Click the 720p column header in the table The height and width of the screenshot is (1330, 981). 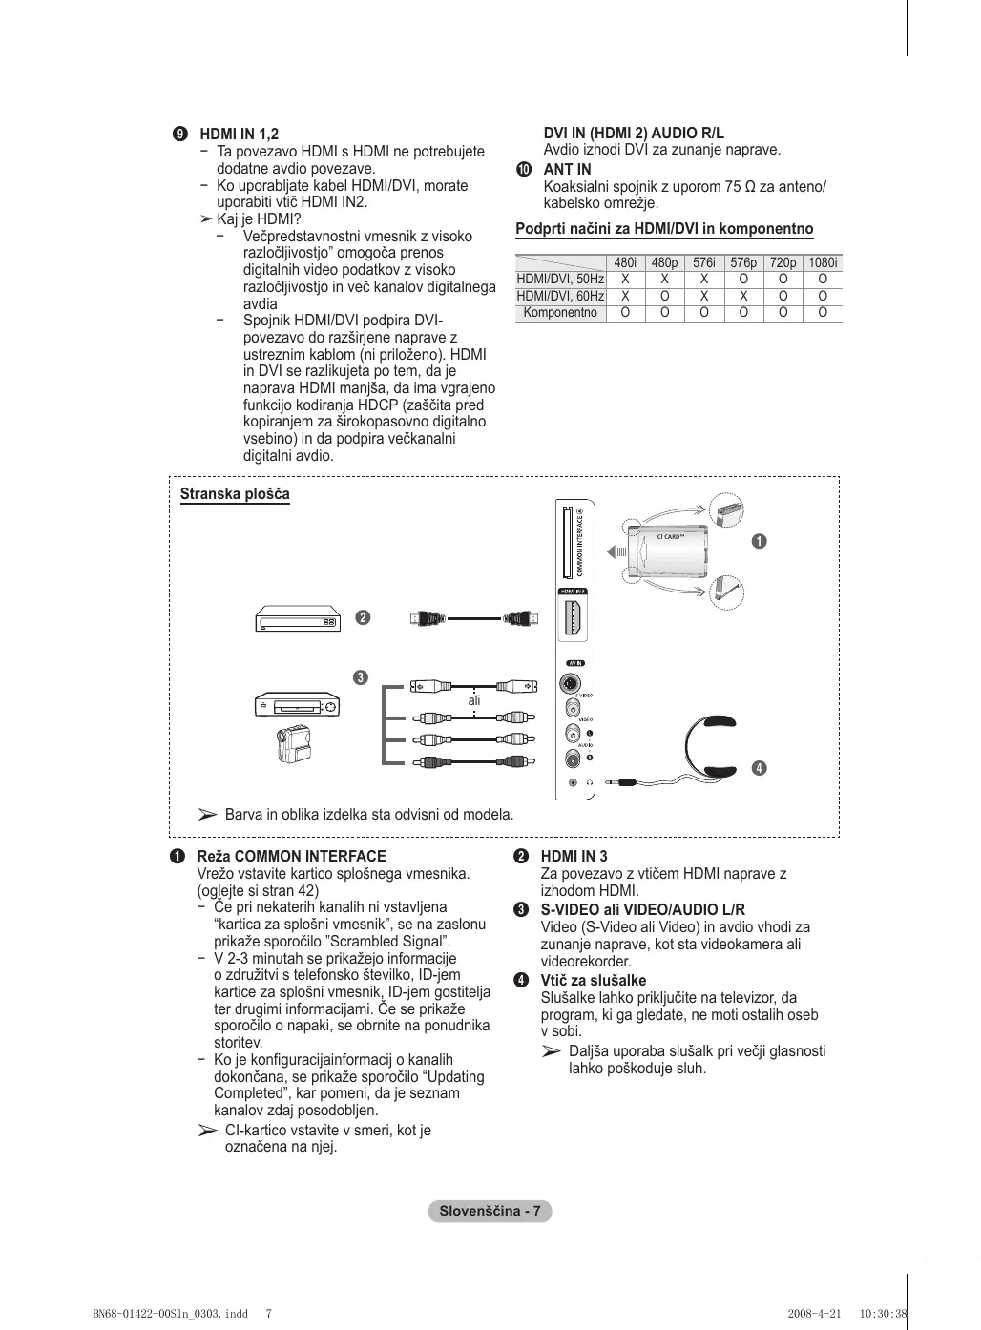[x=783, y=262]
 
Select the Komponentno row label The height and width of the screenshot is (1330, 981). [x=560, y=313]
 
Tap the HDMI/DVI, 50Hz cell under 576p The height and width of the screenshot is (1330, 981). [x=743, y=280]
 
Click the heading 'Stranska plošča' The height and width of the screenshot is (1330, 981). [x=235, y=494]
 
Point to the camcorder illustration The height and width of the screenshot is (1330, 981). [x=294, y=744]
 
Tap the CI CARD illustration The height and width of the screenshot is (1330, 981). [x=672, y=551]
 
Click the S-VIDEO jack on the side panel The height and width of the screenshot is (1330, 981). [x=571, y=684]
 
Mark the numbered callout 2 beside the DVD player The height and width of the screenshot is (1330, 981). [x=363, y=617]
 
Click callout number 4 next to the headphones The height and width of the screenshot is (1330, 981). [x=759, y=768]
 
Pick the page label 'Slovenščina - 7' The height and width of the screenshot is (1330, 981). [x=490, y=1211]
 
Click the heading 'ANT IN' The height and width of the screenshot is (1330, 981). [x=567, y=169]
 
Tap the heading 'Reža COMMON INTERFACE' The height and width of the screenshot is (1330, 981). [x=291, y=857]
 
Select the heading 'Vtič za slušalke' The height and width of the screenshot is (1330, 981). [x=593, y=980]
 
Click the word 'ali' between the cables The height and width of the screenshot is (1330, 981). [x=474, y=700]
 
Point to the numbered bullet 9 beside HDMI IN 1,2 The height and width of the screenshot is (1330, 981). [x=179, y=134]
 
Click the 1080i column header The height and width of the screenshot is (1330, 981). [x=823, y=262]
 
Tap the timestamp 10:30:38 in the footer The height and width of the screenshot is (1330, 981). [x=883, y=1313]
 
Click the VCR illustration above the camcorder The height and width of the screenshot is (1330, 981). [x=297, y=705]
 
